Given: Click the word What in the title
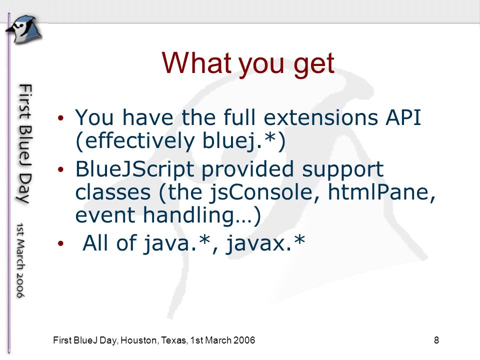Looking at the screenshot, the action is (196, 63).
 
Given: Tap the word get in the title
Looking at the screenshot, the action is (314, 65).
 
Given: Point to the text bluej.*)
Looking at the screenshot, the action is (244, 141).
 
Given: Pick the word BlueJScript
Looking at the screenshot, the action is (134, 169).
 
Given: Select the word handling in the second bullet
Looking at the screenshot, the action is (188, 215).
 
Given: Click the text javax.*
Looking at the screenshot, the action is (265, 243).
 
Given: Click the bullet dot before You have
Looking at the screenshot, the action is (60, 117).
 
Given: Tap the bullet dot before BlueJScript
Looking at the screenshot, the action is (60, 169).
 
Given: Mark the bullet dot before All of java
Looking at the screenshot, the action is (60, 243).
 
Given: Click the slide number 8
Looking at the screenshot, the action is (436, 340).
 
